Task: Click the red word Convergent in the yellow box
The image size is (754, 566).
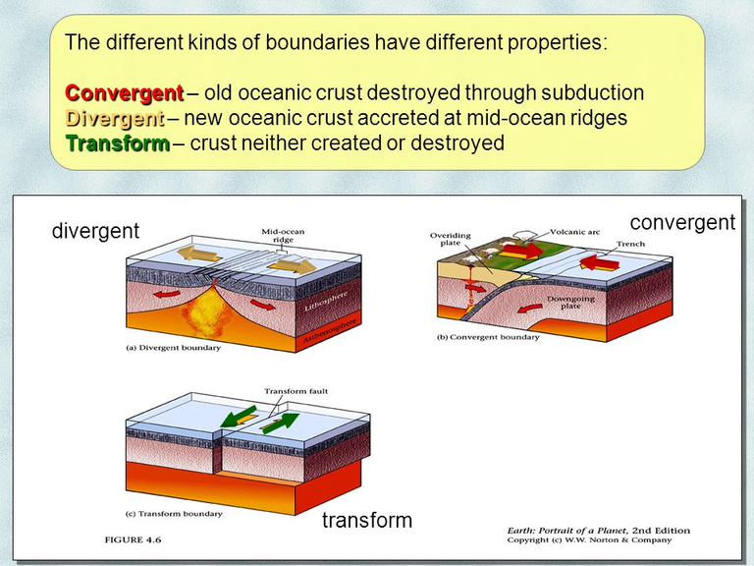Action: click(125, 92)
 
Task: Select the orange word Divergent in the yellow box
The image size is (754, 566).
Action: click(115, 118)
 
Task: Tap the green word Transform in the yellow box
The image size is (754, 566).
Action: click(118, 142)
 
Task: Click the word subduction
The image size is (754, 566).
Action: click(592, 92)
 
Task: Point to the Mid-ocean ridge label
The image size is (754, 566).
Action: click(283, 236)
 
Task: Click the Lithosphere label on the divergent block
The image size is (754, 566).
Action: click(326, 302)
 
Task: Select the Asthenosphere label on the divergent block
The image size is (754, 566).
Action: click(330, 330)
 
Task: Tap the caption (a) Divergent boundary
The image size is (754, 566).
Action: click(173, 348)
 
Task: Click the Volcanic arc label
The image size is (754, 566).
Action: click(575, 232)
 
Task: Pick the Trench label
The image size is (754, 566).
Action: click(631, 244)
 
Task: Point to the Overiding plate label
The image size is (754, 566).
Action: click(451, 239)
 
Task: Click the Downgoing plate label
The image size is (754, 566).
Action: click(570, 303)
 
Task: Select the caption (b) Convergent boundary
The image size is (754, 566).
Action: click(488, 337)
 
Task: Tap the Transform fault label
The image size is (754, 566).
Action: click(296, 391)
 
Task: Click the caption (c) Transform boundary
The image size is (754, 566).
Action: click(174, 514)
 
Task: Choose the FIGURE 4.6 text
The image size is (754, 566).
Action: click(133, 540)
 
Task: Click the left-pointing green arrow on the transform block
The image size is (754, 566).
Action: click(239, 417)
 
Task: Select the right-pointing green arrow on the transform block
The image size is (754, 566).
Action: click(281, 424)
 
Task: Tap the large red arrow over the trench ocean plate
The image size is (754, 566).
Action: click(600, 262)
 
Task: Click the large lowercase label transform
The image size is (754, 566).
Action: click(367, 520)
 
